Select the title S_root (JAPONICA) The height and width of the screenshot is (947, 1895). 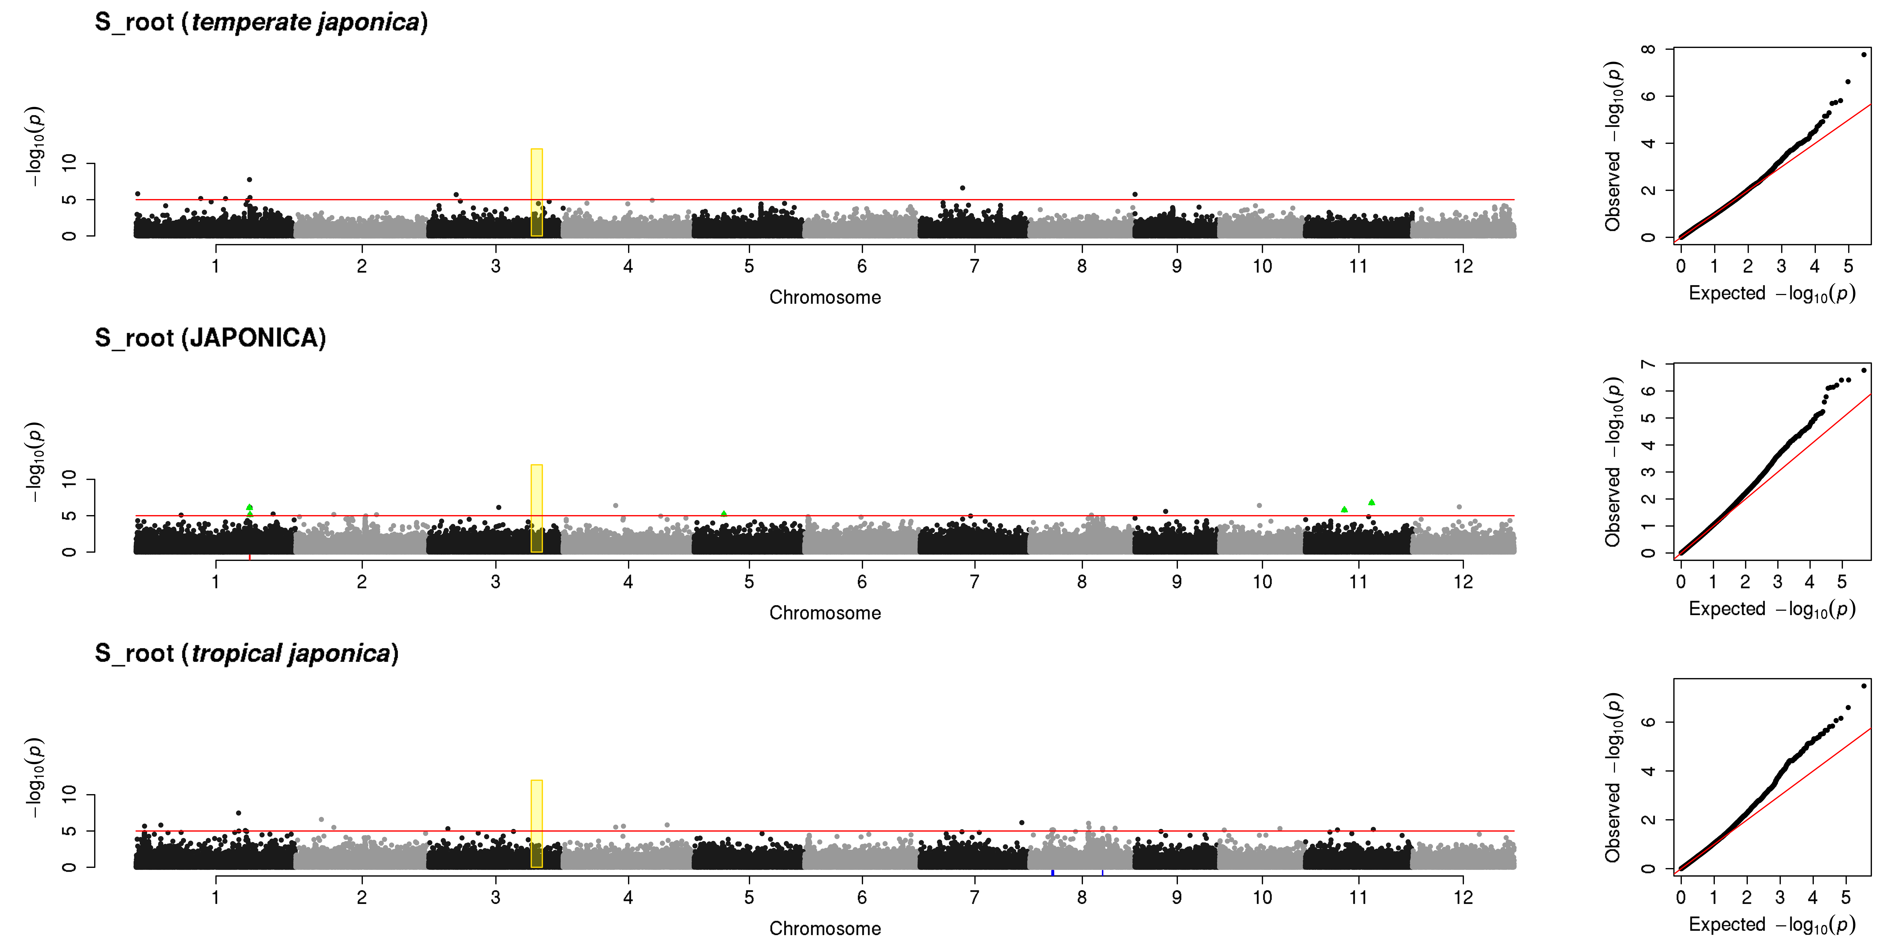click(210, 338)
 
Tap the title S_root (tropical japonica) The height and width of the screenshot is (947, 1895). click(246, 654)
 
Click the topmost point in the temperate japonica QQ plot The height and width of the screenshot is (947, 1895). click(1863, 54)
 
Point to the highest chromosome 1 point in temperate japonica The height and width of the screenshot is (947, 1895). click(249, 179)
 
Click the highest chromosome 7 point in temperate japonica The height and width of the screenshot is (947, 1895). click(962, 188)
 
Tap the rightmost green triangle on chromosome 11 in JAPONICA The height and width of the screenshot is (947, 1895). click(1371, 502)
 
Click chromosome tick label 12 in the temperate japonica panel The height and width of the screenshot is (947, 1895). click(1463, 266)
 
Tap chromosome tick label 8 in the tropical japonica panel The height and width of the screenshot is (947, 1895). click(1081, 897)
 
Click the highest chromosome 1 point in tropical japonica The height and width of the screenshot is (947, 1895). click(238, 813)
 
